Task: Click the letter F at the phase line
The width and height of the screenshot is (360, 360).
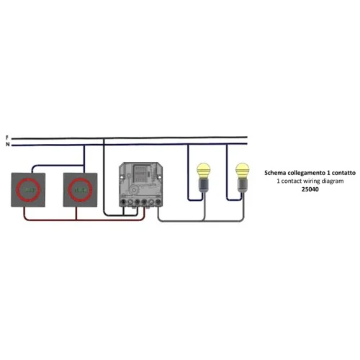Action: pyautogui.click(x=7, y=138)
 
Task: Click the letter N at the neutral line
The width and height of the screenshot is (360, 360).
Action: pyautogui.click(x=8, y=145)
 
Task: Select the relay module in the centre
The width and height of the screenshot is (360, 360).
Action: pyautogui.click(x=140, y=184)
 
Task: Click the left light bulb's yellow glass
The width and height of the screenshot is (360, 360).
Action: pyautogui.click(x=203, y=171)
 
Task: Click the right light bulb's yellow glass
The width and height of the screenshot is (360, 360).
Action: pyautogui.click(x=242, y=171)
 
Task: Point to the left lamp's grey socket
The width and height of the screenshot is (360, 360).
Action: pyautogui.click(x=204, y=186)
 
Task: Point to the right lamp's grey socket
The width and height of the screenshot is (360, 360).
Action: pyautogui.click(x=243, y=186)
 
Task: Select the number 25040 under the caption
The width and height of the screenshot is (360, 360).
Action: pyautogui.click(x=310, y=189)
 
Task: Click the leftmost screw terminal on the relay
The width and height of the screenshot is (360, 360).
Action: pyautogui.click(x=123, y=202)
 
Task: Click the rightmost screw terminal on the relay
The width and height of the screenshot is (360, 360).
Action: pyautogui.click(x=158, y=202)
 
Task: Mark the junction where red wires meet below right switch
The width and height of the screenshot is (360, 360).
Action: pyautogui.click(x=76, y=220)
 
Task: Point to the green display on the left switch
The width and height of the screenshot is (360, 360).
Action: pyautogui.click(x=28, y=190)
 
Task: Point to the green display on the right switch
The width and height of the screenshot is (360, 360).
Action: pyautogui.click(x=80, y=190)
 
